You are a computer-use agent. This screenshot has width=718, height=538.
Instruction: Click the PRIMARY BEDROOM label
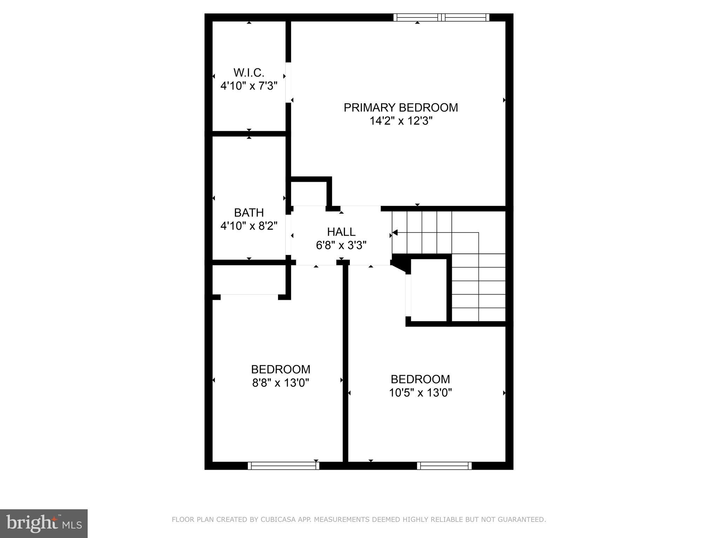coord(401,108)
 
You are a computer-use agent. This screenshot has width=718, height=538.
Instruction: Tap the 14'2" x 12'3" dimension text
coord(401,121)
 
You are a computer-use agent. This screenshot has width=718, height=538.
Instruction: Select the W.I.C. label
coord(249,73)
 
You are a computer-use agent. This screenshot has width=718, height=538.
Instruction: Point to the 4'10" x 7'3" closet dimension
coord(249,86)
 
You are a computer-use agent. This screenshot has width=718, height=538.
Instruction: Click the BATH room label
coord(249,213)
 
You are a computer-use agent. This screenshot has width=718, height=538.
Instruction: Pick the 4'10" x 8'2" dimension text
coord(249,226)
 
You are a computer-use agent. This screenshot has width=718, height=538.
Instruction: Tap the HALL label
coord(341,232)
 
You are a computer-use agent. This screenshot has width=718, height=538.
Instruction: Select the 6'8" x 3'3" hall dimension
coord(341,245)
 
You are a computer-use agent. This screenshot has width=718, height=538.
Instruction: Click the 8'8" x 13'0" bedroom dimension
coord(281,383)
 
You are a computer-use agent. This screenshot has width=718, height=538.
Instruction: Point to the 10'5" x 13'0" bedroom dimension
coord(420,393)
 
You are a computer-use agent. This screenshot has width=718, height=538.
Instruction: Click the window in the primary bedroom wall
coord(441,17)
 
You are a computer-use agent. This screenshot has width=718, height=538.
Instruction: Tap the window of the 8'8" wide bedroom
coord(284,465)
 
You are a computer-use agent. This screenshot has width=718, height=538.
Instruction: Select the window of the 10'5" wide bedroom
coord(444,465)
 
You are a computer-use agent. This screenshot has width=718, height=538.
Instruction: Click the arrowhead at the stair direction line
coord(394,232)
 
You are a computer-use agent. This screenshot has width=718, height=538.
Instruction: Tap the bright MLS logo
coord(44,524)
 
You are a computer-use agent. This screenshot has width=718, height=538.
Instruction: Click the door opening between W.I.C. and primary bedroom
coord(288,82)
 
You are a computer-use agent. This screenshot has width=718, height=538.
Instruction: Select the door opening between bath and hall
coord(288,235)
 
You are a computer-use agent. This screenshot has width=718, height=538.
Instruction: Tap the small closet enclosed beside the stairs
coord(428,290)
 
